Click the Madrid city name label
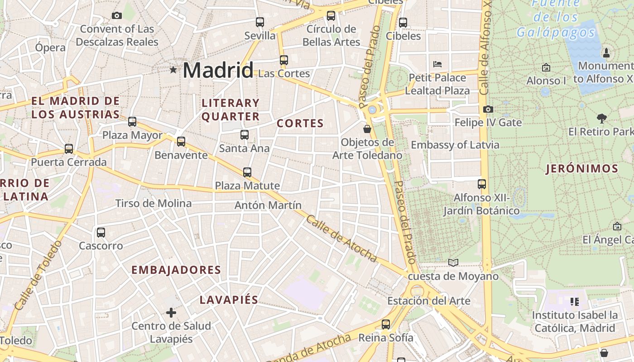click(x=218, y=70)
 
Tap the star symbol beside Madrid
click(x=173, y=70)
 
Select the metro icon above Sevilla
click(x=260, y=22)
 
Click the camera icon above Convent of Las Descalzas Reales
click(x=117, y=16)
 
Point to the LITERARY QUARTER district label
click(x=231, y=110)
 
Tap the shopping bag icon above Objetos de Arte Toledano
click(x=367, y=129)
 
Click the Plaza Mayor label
click(x=132, y=135)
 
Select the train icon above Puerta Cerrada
click(x=69, y=148)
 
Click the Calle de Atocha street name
click(x=341, y=239)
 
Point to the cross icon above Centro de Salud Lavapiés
click(x=171, y=313)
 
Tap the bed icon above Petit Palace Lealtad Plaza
click(x=437, y=64)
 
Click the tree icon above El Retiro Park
click(x=602, y=119)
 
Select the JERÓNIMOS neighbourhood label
click(x=582, y=169)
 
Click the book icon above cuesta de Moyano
click(x=453, y=262)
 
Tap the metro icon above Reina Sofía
click(x=386, y=324)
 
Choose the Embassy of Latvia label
click(x=455, y=145)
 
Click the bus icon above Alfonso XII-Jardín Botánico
click(x=482, y=184)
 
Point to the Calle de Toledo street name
click(x=38, y=276)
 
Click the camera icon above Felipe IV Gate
click(x=488, y=109)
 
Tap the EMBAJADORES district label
click(x=176, y=270)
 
